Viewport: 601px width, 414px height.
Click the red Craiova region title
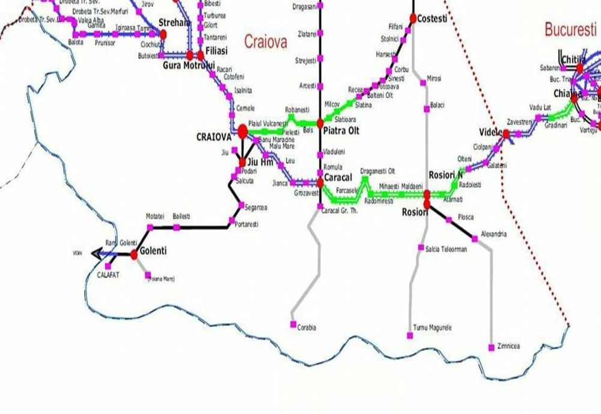(x=265, y=41)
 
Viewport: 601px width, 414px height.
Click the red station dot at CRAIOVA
(x=243, y=131)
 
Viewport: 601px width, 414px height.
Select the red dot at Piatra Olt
(x=320, y=123)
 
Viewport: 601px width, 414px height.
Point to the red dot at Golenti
(x=133, y=255)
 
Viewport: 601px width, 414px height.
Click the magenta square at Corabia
(x=293, y=325)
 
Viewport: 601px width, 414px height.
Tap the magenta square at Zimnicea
(x=492, y=347)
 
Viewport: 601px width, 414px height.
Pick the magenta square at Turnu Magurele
(x=409, y=328)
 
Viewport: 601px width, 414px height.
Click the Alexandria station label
(x=494, y=234)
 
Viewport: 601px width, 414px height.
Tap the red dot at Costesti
(x=413, y=19)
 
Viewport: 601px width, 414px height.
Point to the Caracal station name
(x=338, y=178)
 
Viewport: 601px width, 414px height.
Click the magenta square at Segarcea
(x=240, y=206)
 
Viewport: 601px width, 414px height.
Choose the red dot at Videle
(x=505, y=134)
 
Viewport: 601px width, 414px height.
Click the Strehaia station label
(x=174, y=23)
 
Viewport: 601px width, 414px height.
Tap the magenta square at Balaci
(x=426, y=109)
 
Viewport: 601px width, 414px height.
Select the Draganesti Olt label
(x=377, y=171)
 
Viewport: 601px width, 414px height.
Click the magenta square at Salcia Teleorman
(x=421, y=247)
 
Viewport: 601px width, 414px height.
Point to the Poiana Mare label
(x=162, y=278)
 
